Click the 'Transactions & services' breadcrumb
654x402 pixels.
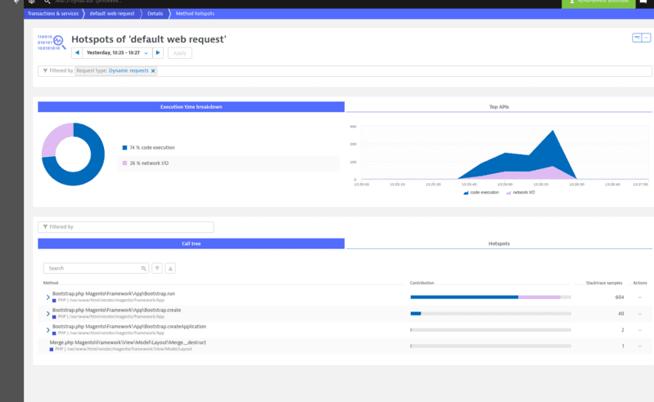pyautogui.click(x=53, y=14)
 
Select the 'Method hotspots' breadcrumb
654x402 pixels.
pyautogui.click(x=195, y=14)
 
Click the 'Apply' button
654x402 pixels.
pyautogui.click(x=179, y=53)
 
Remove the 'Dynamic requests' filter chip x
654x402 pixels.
pyautogui.click(x=153, y=71)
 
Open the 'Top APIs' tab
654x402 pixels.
pyautogui.click(x=498, y=107)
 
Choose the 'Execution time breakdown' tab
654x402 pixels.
pyautogui.click(x=191, y=107)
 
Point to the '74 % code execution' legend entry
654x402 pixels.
pyautogui.click(x=151, y=148)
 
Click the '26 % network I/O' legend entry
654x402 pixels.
pyautogui.click(x=149, y=163)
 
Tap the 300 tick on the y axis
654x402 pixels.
pyautogui.click(x=353, y=127)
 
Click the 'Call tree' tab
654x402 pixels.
pyautogui.click(x=191, y=243)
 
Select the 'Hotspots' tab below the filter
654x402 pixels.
pyautogui.click(x=498, y=243)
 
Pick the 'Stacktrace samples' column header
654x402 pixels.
pyautogui.click(x=604, y=283)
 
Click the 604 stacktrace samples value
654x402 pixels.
pyautogui.click(x=620, y=297)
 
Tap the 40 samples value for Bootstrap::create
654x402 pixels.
pyautogui.click(x=620, y=313)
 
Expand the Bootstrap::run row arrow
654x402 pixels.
pyautogui.click(x=47, y=297)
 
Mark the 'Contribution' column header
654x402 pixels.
pyautogui.click(x=422, y=283)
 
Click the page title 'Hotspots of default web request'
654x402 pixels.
pyautogui.click(x=148, y=39)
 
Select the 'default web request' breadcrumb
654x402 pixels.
pyautogui.click(x=113, y=14)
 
